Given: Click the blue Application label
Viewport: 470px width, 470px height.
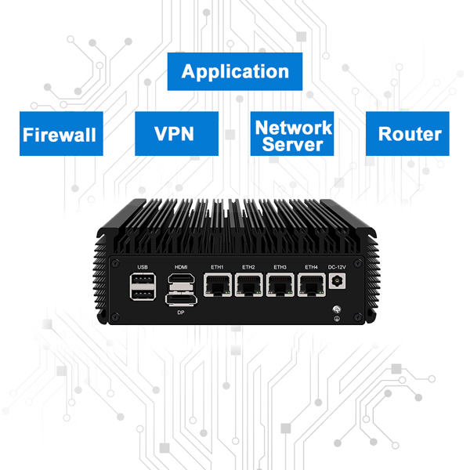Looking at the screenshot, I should tap(235, 72).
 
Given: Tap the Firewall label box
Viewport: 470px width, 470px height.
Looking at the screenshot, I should tap(60, 134).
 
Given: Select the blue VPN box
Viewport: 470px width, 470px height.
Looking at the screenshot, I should tap(175, 134).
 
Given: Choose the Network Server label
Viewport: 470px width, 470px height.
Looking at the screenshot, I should tap(293, 134).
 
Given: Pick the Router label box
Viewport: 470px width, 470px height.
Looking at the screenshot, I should tap(409, 134).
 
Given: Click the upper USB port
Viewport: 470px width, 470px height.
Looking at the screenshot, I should tap(143, 280).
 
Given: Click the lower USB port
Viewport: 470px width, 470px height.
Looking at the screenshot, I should tap(143, 296).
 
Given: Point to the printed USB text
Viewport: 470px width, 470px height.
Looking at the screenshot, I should tap(143, 266).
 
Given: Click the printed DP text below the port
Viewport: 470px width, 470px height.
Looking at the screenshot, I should tap(181, 312).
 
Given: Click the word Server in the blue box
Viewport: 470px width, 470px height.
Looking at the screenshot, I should tap(293, 145).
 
